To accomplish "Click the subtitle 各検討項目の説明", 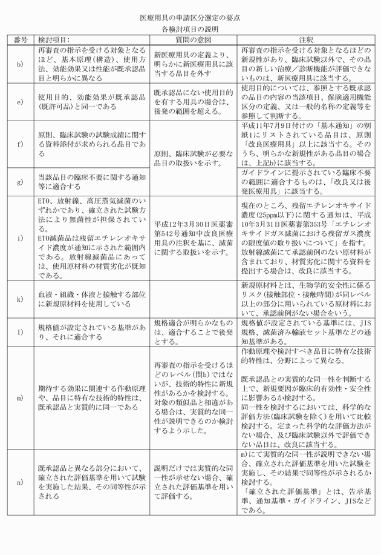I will (x=190, y=28).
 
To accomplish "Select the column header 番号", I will (x=21, y=39).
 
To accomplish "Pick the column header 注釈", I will (x=305, y=39).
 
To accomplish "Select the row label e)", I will (x=20, y=101).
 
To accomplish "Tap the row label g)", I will (x=20, y=180).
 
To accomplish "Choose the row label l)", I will (x=20, y=333).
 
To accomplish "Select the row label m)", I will (x=20, y=397).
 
